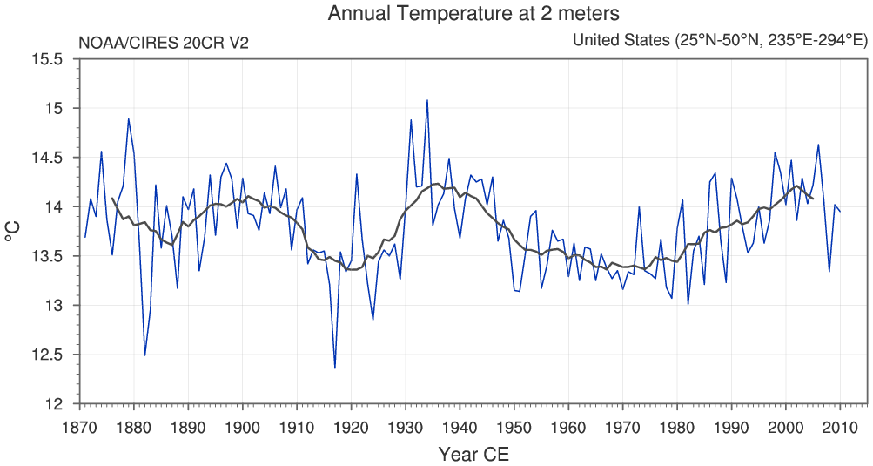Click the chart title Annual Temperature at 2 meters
pos(474,14)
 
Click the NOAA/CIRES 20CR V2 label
pos(164,42)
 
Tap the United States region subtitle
pos(720,41)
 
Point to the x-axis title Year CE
pos(473,454)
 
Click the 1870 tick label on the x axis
pos(79,426)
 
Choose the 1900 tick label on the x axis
pos(242,426)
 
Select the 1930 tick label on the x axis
pos(405,426)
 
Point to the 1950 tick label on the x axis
pos(514,426)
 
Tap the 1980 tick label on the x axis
pos(676,426)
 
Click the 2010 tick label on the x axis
pos(839,426)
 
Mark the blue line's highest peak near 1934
pos(426,100)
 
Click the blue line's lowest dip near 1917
pos(334,368)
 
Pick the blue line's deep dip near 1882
pos(144,355)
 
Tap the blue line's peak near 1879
pos(129,119)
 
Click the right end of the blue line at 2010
pos(840,212)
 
